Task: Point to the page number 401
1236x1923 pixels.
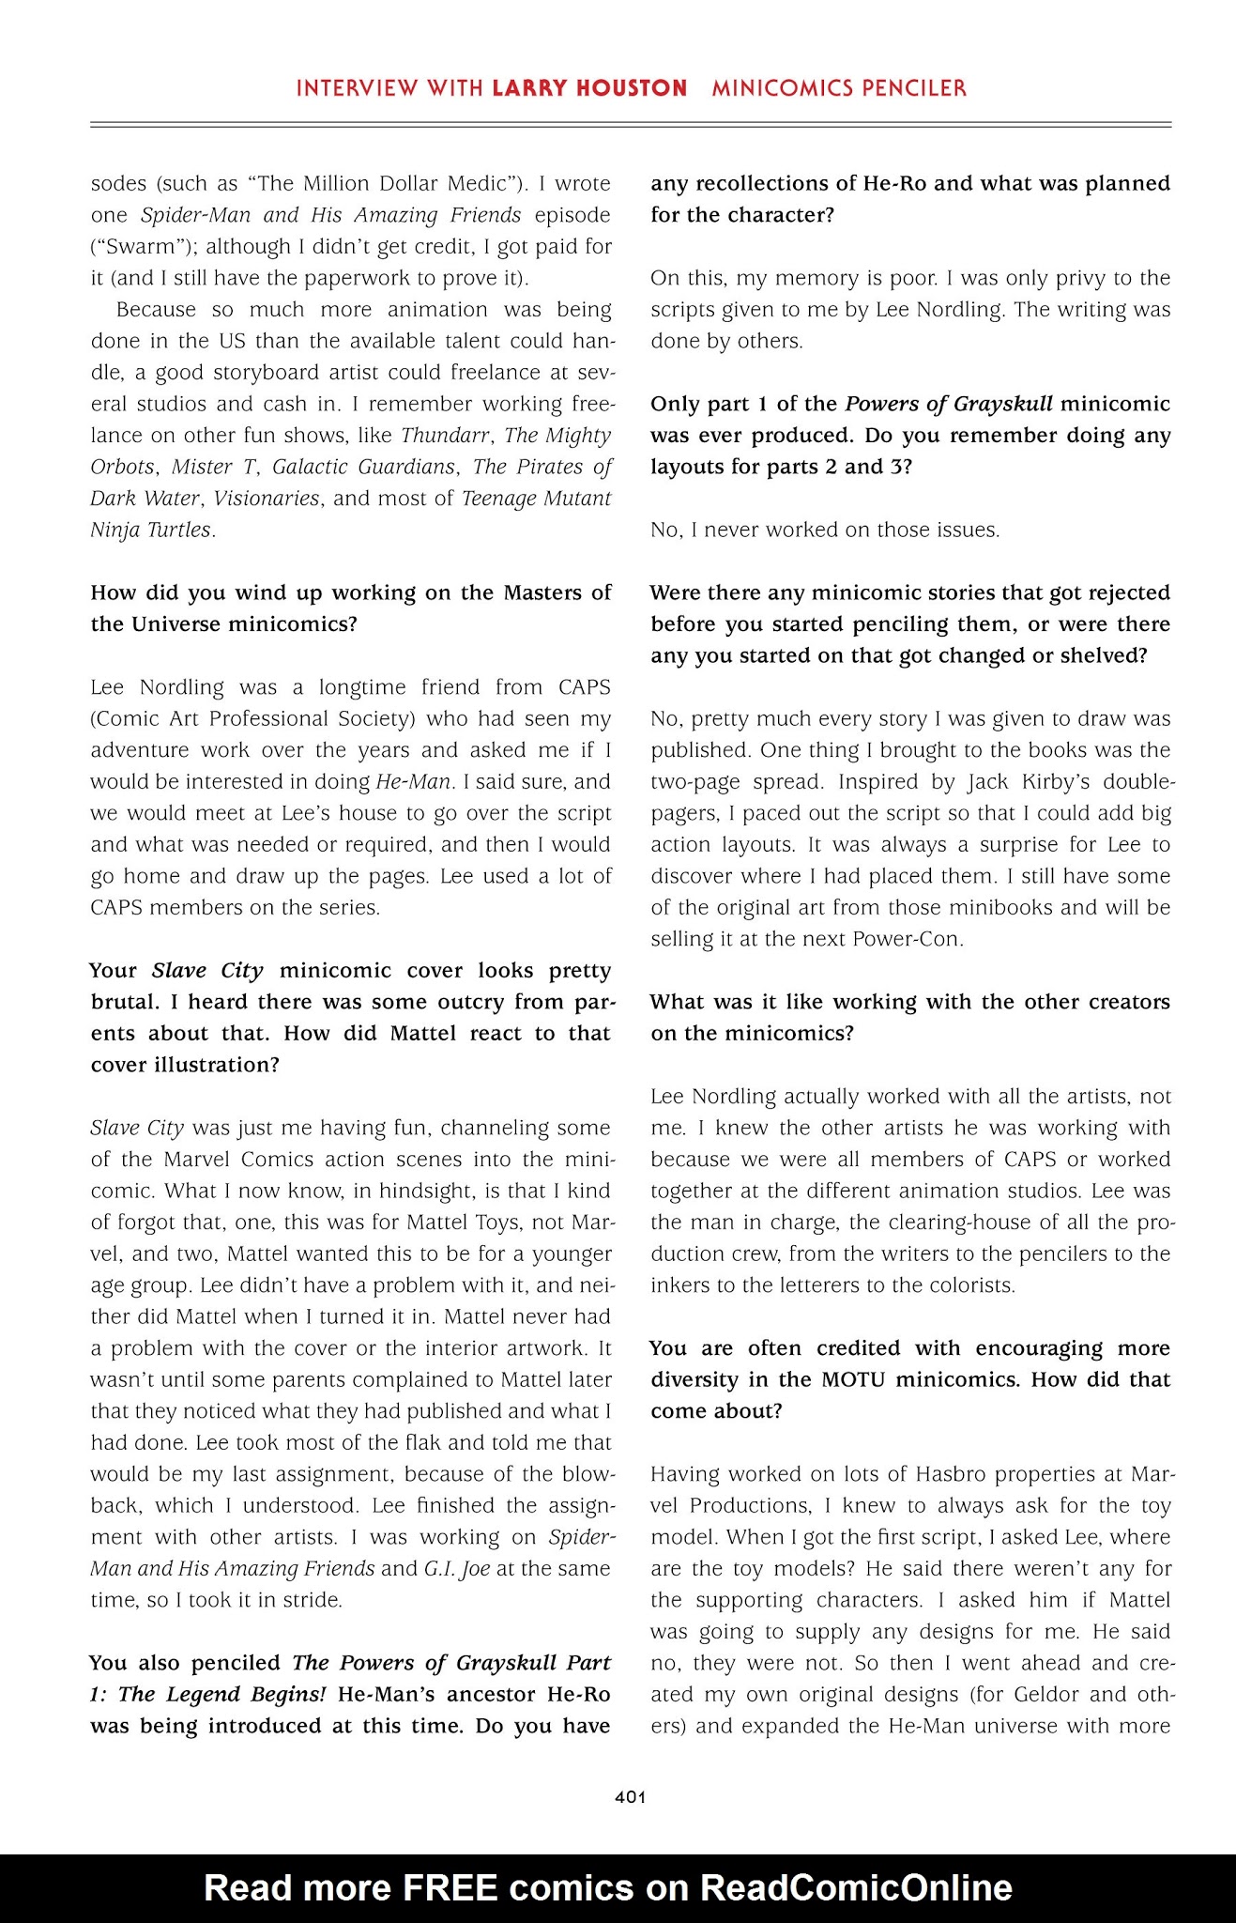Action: (630, 1797)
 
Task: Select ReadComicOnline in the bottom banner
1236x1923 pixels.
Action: (856, 1887)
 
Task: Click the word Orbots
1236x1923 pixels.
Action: (124, 468)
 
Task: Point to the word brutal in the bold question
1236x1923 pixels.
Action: (126, 1002)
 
